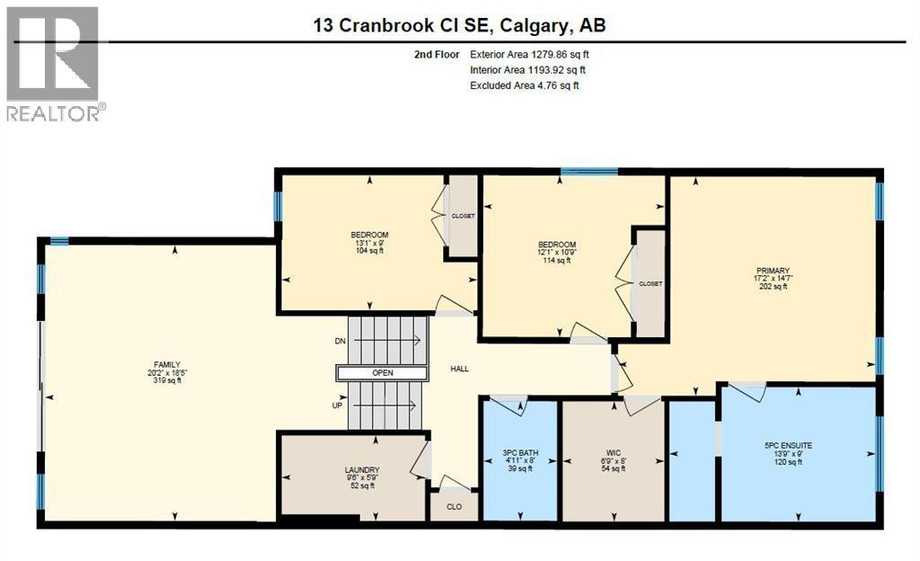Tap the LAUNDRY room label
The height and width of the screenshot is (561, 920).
tap(361, 469)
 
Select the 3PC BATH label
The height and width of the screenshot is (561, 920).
tap(519, 452)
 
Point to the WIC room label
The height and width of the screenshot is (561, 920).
tap(615, 452)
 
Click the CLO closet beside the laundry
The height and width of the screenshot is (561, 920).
tap(455, 507)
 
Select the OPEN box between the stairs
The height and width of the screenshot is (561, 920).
tap(383, 373)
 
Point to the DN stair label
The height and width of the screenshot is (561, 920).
tap(340, 342)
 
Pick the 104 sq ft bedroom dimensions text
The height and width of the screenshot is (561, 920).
tap(369, 243)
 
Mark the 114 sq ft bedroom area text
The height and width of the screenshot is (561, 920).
tap(556, 261)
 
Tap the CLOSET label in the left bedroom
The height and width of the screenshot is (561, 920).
tap(463, 216)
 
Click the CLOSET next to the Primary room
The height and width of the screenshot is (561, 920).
tap(650, 283)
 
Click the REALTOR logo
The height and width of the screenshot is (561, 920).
tap(54, 63)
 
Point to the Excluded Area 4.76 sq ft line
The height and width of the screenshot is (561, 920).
tap(525, 85)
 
